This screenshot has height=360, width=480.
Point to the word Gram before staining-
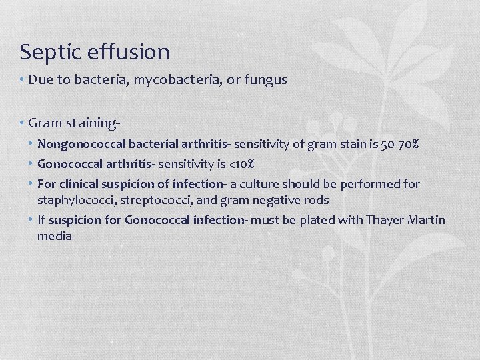[45, 123]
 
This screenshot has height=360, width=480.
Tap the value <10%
[241, 163]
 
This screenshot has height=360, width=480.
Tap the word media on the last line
[55, 236]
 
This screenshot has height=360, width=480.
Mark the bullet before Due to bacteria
[23, 80]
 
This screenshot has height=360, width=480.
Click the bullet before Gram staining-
[23, 123]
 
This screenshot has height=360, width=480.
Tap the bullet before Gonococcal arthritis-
[32, 163]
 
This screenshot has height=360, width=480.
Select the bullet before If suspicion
[32, 220]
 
